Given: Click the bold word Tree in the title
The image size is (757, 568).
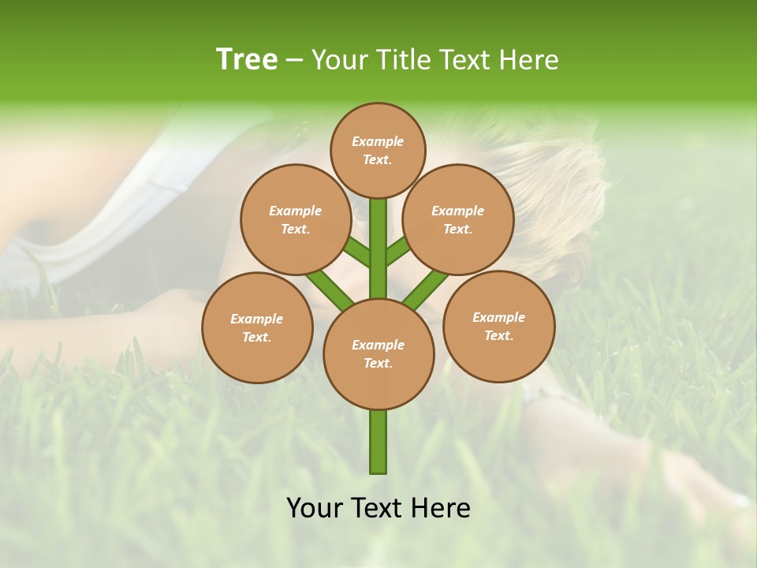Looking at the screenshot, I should click(247, 60).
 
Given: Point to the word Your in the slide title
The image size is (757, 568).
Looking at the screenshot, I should click(340, 60).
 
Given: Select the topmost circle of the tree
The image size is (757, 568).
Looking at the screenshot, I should click(378, 150).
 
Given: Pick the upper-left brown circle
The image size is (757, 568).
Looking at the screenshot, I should click(296, 219).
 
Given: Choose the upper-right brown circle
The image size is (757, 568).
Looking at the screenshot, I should click(458, 219).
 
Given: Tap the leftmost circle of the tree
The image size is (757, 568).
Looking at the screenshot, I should click(257, 327).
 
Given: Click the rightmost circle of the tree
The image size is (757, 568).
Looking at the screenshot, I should click(498, 326).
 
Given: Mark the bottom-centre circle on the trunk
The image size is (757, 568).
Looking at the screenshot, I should click(378, 353).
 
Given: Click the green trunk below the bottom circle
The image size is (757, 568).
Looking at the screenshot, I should click(378, 442).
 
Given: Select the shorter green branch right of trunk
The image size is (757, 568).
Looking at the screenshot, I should click(397, 251).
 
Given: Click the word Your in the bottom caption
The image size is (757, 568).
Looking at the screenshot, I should click(315, 508).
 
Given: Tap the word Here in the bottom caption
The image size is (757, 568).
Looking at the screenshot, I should click(442, 508).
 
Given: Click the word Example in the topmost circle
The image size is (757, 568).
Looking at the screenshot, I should click(378, 141).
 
